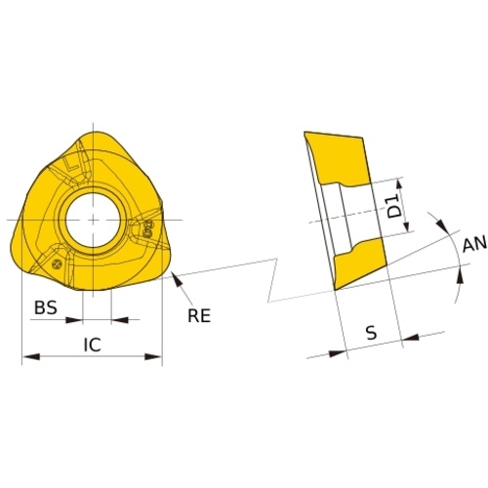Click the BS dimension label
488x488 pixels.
click(x=46, y=307)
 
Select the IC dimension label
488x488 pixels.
click(x=93, y=345)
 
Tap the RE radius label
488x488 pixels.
click(x=199, y=315)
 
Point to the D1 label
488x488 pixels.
click(x=395, y=207)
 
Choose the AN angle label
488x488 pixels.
click(x=474, y=244)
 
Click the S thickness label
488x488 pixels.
click(x=371, y=333)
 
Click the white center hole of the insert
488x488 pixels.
click(x=93, y=220)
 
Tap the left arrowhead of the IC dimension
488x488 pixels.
click(x=31, y=357)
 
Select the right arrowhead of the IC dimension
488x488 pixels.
click(x=153, y=357)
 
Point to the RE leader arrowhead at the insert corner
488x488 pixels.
click(x=177, y=279)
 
